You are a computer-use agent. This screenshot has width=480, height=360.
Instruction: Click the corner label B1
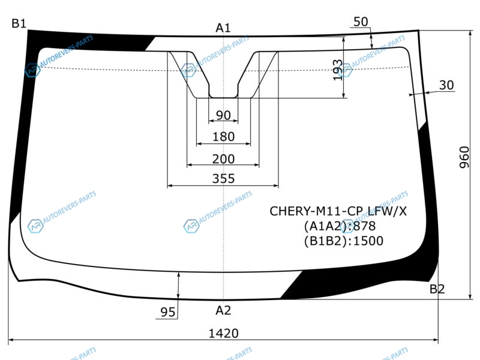coord(19,23)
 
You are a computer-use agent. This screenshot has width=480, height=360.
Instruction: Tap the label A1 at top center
coord(223,28)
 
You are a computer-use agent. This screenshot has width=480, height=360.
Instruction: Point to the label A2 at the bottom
coord(223,310)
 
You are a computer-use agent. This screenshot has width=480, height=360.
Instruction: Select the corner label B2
coord(437,289)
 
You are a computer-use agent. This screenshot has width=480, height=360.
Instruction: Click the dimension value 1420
coord(223,334)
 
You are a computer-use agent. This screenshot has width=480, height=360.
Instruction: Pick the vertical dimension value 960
coord(464,157)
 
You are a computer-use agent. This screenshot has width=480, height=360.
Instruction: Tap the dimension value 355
coord(223,178)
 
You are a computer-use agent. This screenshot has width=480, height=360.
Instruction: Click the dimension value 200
coord(223,159)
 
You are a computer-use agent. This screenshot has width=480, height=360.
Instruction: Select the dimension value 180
coord(223,137)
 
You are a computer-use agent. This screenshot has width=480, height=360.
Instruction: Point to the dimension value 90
coord(223,115)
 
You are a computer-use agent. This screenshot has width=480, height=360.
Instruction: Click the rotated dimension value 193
coord(338,70)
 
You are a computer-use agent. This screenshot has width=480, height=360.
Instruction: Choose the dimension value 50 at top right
coord(361,22)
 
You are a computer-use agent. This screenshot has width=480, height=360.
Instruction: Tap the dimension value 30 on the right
coord(446,85)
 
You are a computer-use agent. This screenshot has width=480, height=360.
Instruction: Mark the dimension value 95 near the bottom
coord(168,312)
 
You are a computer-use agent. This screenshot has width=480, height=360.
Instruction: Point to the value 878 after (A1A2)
coord(364,226)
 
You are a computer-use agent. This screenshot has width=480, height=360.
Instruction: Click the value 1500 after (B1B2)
coord(368,241)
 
